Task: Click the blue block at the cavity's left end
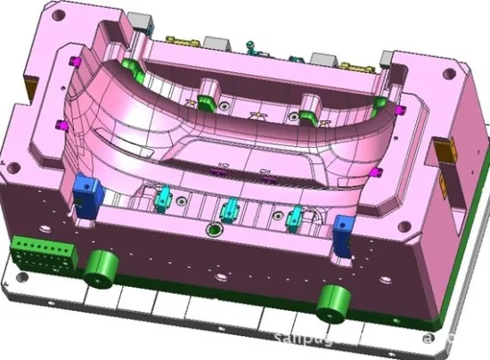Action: [x=87, y=191]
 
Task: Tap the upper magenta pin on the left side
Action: [x=70, y=60]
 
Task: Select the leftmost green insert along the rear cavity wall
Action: [x=131, y=65]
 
